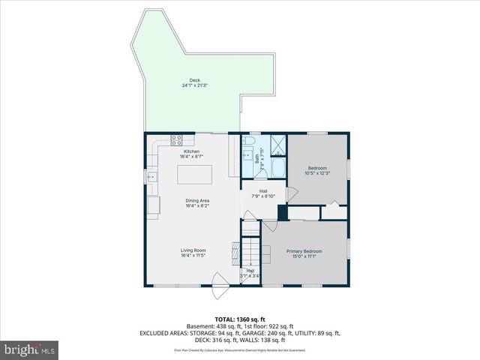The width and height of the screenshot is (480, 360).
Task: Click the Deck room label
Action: click(194, 82)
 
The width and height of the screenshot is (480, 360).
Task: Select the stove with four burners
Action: click(177, 138)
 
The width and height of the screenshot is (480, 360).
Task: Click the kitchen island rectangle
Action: click(194, 175)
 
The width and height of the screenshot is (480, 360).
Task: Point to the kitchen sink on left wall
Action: click(152, 177)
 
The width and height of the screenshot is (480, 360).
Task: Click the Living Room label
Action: click(193, 253)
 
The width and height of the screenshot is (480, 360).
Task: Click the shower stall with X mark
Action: click(277, 142)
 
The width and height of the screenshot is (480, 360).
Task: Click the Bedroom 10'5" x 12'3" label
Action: click(317, 170)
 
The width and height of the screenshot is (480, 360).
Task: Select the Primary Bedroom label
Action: click(304, 253)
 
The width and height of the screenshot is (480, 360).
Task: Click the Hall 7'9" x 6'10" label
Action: click(263, 193)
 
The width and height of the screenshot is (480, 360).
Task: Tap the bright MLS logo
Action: click(30, 349)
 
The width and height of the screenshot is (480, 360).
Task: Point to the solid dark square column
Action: click(282, 212)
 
